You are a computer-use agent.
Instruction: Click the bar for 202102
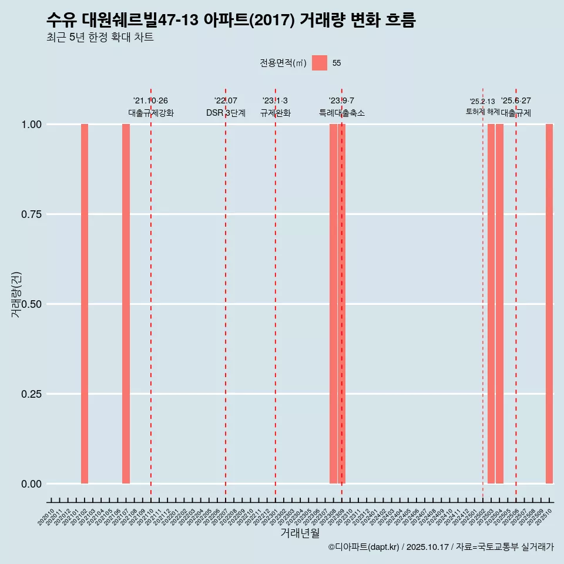[85, 304]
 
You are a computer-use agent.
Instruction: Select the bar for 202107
[126, 304]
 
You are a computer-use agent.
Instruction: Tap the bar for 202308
[333, 304]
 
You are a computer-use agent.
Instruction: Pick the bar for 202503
[491, 304]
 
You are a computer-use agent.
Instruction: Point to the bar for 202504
[499, 304]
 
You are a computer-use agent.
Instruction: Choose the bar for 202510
[549, 304]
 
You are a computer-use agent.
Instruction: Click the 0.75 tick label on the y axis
[31, 214]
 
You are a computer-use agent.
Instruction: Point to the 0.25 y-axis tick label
[31, 394]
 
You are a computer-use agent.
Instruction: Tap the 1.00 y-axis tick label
[31, 125]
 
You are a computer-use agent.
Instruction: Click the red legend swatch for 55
[320, 63]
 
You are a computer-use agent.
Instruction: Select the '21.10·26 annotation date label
[150, 101]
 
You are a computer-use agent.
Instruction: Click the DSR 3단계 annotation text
[226, 113]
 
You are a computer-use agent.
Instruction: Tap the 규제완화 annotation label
[276, 113]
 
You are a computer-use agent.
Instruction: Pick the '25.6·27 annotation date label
[516, 101]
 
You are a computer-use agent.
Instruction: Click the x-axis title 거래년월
[300, 533]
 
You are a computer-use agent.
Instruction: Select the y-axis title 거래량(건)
[16, 295]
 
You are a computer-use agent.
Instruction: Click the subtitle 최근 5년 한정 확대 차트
[100, 38]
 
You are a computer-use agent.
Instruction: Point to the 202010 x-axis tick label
[46, 517]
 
